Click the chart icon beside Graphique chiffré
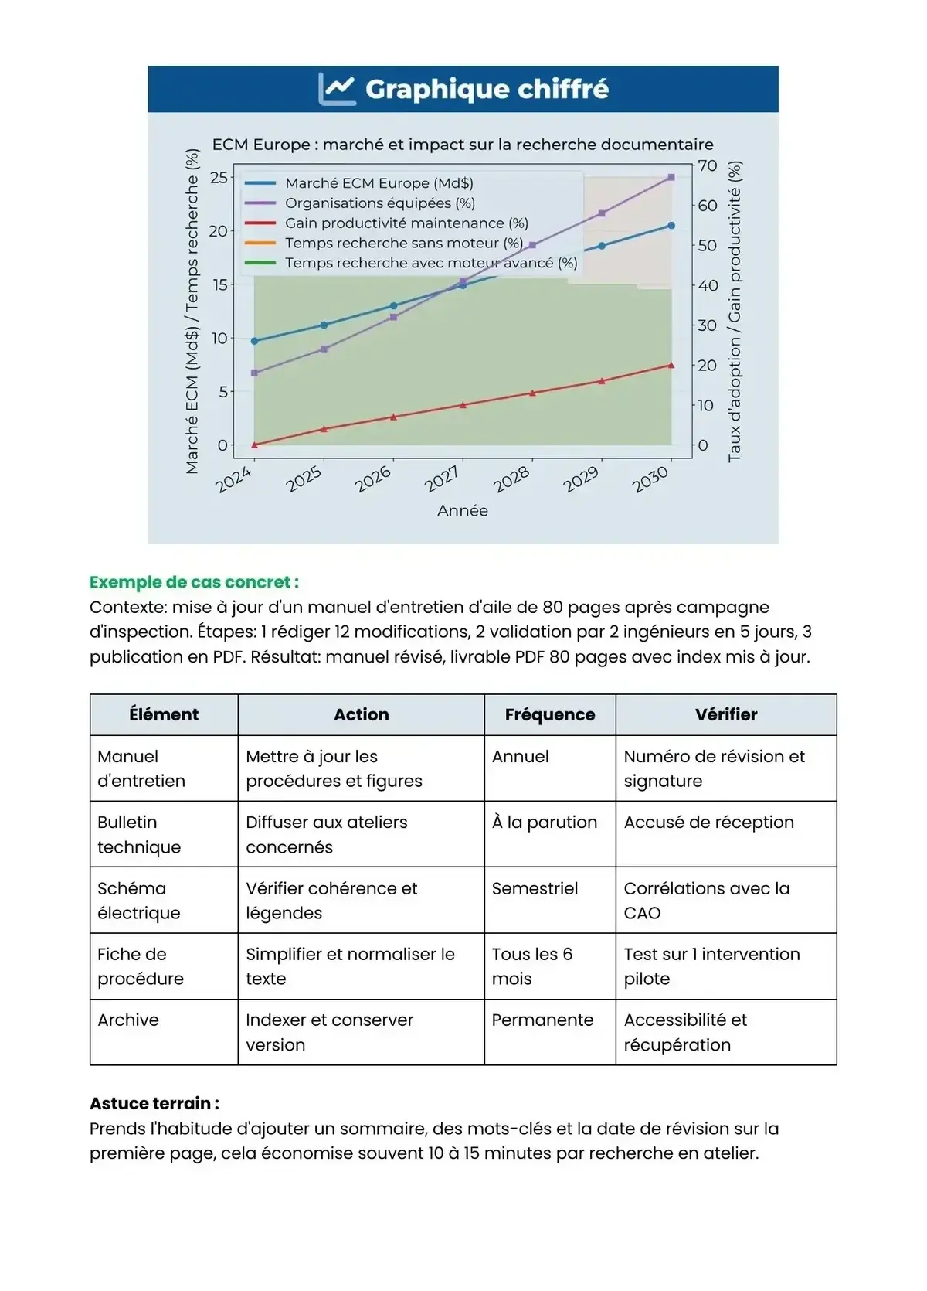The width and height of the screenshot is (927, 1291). pos(337,89)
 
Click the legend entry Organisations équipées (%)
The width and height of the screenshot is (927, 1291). pos(379,203)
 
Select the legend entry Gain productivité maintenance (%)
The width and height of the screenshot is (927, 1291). pos(406,223)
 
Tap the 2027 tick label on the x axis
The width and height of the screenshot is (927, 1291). pos(443,479)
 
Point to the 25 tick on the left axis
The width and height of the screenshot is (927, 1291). pos(219,177)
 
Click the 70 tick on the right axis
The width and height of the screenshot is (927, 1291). pos(708,165)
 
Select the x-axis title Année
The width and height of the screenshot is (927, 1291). pos(462,511)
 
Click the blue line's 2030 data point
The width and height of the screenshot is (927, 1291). pos(671,226)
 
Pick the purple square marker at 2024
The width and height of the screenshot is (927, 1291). pos(255,373)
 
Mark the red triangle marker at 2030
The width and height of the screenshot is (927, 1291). pos(671,365)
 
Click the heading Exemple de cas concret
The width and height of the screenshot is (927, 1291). pos(194,582)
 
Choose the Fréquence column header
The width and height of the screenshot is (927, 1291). pos(549,715)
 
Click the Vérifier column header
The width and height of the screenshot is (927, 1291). pos(725,715)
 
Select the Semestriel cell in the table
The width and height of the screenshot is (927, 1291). pos(535,889)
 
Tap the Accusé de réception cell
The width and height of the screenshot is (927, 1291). pos(708,823)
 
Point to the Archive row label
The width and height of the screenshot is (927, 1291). pos(128,1020)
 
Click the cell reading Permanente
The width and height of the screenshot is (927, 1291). pos(542,1020)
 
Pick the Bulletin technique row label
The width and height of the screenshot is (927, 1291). pos(139,835)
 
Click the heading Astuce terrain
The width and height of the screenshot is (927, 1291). pos(154,1104)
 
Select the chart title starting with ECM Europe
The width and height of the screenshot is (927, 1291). pos(463,145)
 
